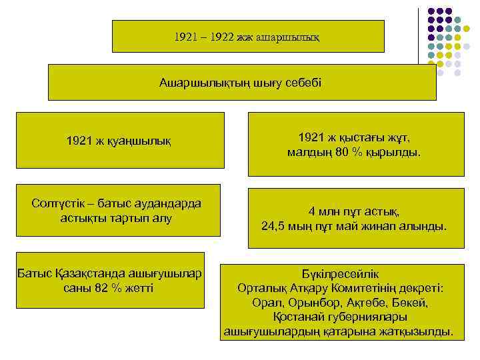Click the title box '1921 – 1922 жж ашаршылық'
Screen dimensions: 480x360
[247, 36]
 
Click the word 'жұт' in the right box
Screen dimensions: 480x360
[395, 137]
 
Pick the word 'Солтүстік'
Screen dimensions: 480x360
[59, 203]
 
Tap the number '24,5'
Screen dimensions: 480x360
[274, 227]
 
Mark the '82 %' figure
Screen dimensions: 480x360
[108, 288]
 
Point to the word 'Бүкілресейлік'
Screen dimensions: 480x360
[340, 274]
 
